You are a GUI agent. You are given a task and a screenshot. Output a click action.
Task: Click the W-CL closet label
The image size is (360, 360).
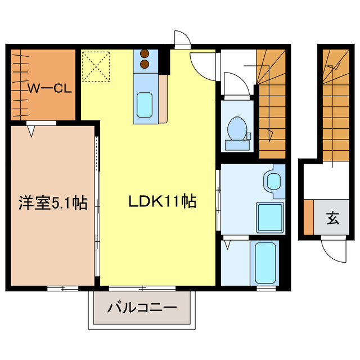(49, 88)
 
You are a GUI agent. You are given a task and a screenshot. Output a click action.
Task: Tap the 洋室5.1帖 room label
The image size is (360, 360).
(53, 202)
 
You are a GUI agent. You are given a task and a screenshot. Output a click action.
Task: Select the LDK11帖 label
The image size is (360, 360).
(163, 201)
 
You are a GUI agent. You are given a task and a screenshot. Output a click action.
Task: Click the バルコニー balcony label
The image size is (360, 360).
(142, 308)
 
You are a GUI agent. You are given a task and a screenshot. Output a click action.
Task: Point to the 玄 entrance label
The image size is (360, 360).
(332, 218)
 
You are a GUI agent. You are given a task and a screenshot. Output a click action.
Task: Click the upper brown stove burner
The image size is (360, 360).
(145, 54)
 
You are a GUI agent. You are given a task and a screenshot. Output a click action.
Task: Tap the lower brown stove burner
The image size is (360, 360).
(145, 64)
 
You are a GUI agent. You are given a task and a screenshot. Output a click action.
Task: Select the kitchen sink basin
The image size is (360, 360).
(145, 105)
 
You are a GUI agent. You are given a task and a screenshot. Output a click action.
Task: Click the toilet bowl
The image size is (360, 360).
(237, 129)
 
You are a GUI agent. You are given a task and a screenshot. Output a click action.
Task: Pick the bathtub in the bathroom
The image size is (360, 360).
(265, 263)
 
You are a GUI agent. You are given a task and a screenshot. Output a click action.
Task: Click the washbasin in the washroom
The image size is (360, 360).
(274, 181)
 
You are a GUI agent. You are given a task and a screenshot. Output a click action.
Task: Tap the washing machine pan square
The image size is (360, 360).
(270, 217)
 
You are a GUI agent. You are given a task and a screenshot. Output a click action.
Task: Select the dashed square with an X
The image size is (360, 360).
(96, 66)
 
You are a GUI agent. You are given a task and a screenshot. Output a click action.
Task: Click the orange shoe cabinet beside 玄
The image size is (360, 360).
(309, 217)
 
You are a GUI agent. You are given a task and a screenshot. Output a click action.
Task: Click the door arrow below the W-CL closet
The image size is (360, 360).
(31, 132)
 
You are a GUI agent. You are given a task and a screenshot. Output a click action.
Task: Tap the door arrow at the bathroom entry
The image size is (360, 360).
(227, 245)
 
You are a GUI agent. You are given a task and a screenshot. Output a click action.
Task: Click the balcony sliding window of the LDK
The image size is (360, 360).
(142, 289)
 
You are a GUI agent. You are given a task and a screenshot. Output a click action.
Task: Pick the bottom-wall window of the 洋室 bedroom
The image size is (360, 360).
(62, 289)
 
